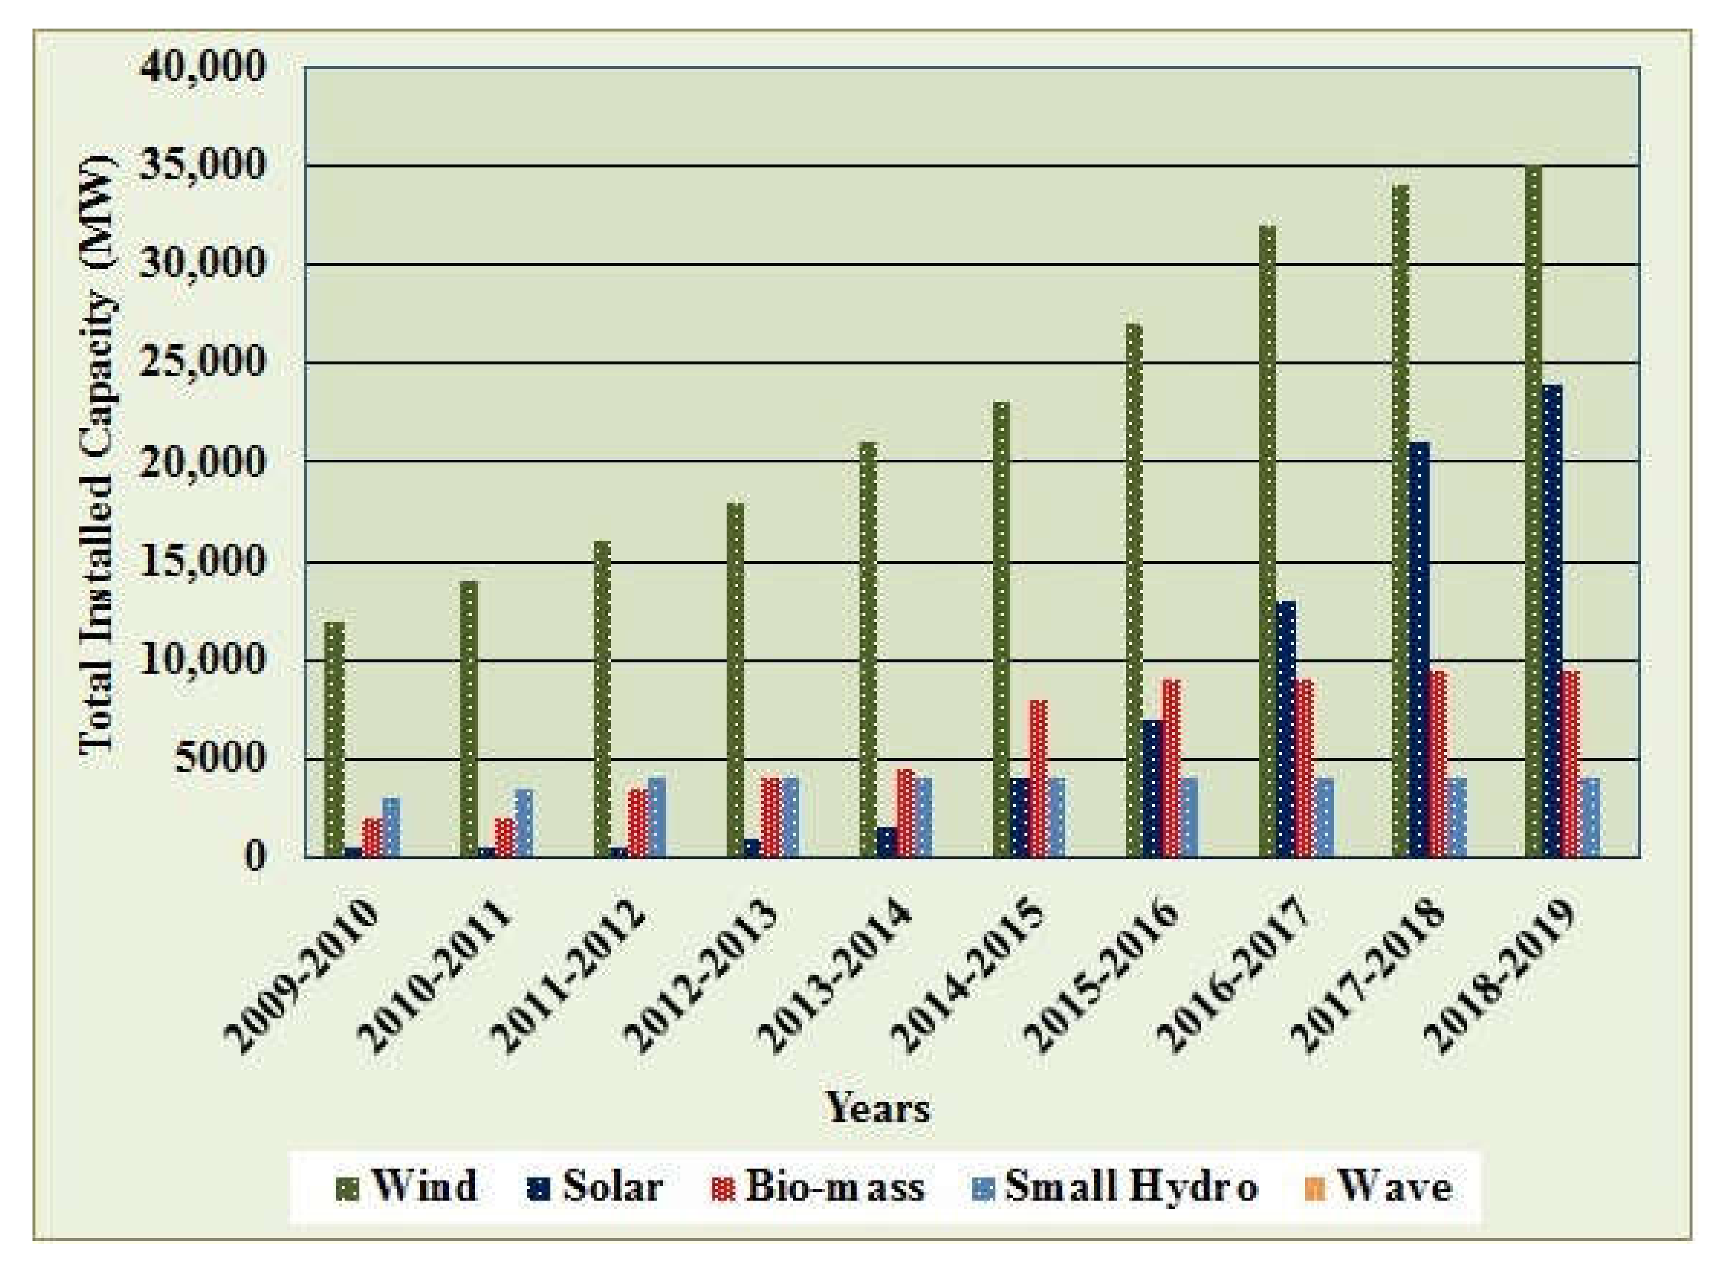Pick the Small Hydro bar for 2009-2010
pyautogui.click(x=391, y=827)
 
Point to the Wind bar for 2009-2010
pyautogui.click(x=334, y=739)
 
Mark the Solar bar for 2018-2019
pyautogui.click(x=1552, y=620)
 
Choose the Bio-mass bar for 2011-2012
pyautogui.click(x=638, y=822)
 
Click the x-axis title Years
pyautogui.click(x=878, y=1108)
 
